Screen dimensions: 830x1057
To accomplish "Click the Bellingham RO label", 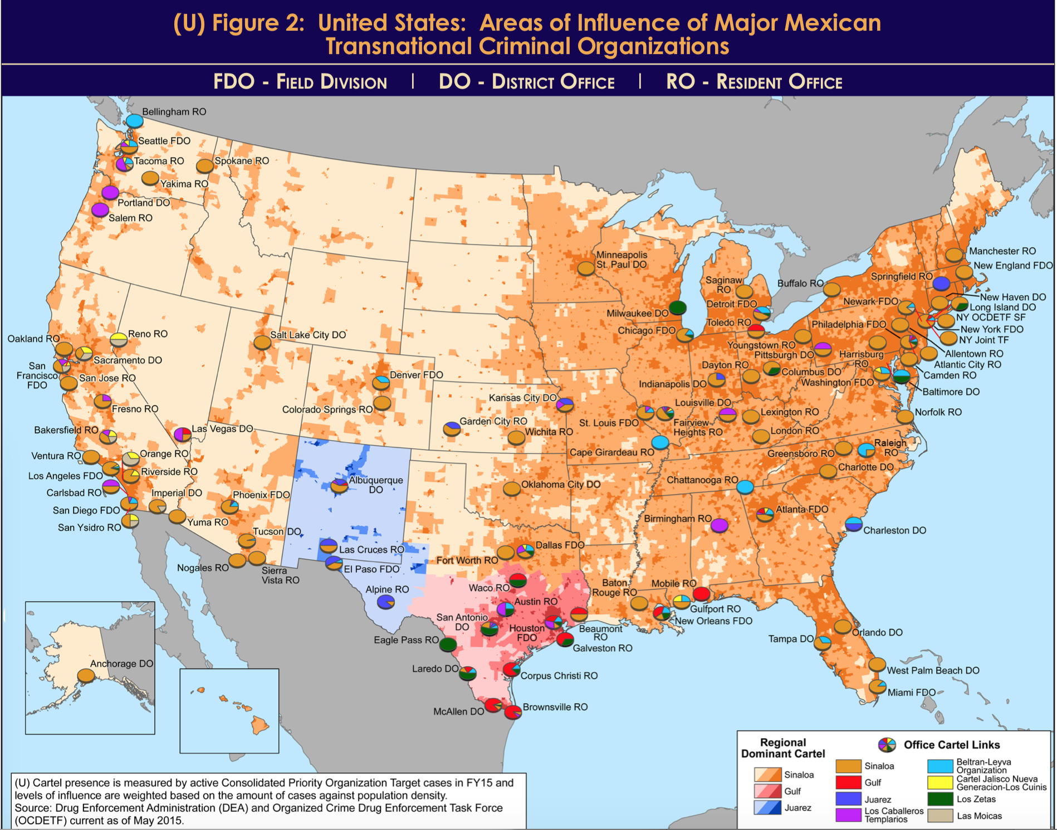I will pos(174,111).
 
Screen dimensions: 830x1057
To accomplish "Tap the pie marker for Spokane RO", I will pos(205,165).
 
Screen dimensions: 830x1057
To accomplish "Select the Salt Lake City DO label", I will pos(308,335).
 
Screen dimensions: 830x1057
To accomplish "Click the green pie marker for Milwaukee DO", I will pos(677,307).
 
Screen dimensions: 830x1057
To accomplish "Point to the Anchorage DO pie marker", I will pos(86,676).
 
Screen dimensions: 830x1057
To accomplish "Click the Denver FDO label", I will pos(416,375).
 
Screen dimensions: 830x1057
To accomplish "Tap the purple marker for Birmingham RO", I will pos(719,525).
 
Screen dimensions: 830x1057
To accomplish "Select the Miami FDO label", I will pos(911,692).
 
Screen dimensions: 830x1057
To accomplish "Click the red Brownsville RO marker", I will pos(512,712).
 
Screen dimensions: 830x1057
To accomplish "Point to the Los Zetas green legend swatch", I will pos(940,799).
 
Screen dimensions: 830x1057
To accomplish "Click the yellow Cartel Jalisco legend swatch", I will pos(940,783).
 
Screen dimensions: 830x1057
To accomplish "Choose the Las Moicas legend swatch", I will pos(940,816).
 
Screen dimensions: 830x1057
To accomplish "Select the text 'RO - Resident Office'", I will pos(754,82).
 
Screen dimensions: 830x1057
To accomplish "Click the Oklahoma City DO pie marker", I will pos(511,489).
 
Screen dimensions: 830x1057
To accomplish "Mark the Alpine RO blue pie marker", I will pos(385,602).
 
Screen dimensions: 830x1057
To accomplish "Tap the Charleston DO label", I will pos(894,530).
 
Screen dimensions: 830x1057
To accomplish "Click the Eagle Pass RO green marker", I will pos(448,645).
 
